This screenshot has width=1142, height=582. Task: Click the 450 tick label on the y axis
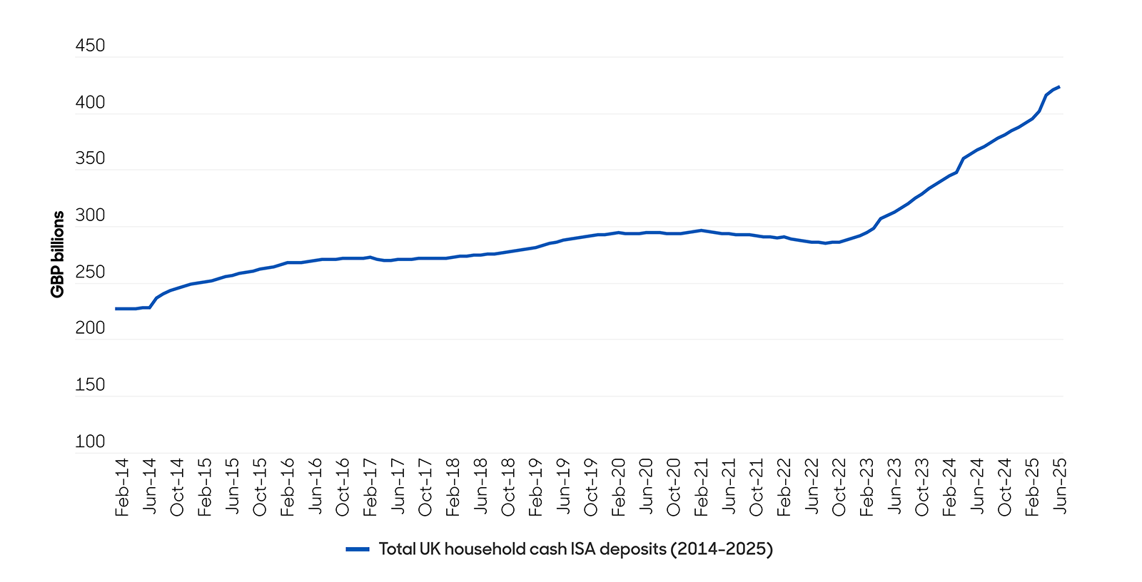click(x=90, y=46)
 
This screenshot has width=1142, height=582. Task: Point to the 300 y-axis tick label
click(x=90, y=215)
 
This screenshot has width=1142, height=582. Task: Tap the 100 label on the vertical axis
click(x=90, y=441)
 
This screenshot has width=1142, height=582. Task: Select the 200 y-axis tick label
click(x=90, y=328)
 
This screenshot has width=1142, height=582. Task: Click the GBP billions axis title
click(x=58, y=254)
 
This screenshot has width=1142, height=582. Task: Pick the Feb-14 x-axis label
click(x=122, y=487)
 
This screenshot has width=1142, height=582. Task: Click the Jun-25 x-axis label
click(x=1060, y=487)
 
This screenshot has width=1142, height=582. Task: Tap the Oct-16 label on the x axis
click(x=343, y=487)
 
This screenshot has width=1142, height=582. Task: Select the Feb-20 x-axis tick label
click(x=619, y=487)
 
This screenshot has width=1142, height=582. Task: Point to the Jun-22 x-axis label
click(x=812, y=487)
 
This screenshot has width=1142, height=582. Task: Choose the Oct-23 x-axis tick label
click(x=922, y=487)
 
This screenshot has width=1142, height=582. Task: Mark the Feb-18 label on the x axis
click(x=453, y=487)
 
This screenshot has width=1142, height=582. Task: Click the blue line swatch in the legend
click(x=358, y=549)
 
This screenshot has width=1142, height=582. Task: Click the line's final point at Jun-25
click(x=1059, y=87)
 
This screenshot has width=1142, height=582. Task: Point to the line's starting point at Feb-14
click(x=116, y=309)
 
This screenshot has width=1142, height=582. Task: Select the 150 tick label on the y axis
click(x=90, y=385)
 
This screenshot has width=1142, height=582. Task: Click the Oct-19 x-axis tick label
click(x=591, y=487)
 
